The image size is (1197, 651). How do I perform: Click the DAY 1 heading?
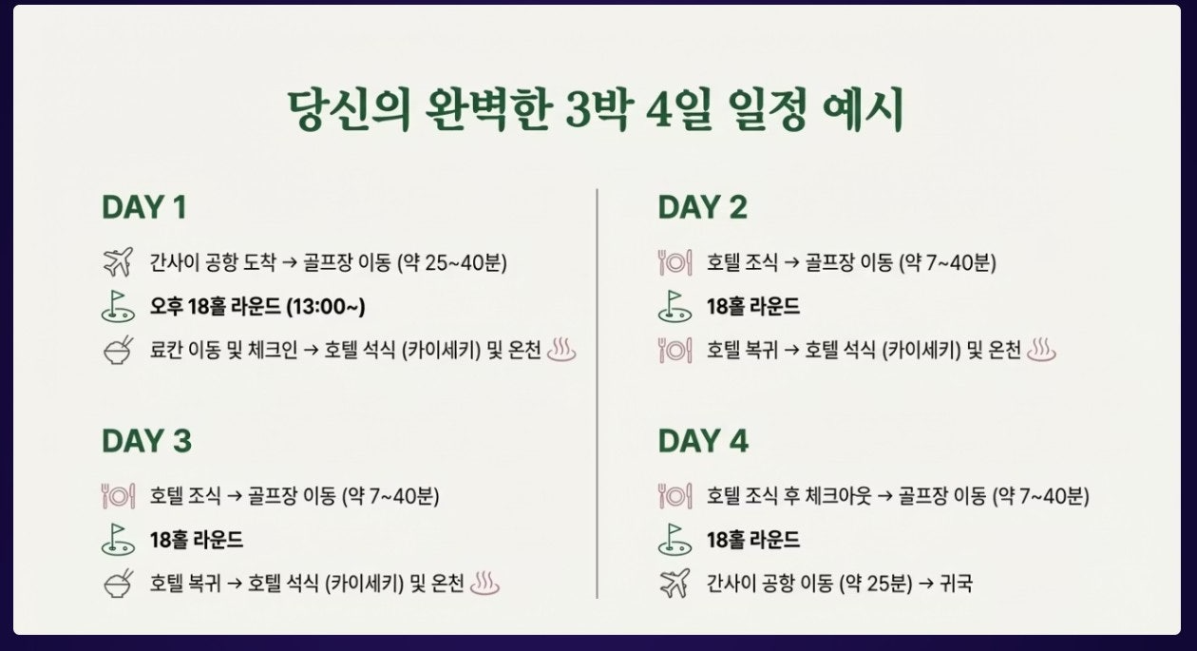tap(143, 207)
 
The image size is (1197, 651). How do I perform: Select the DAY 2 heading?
tap(702, 207)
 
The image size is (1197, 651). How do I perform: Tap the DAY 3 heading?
tap(146, 441)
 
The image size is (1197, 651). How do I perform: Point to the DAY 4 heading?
tap(703, 441)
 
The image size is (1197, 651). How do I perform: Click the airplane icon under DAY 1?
tap(118, 261)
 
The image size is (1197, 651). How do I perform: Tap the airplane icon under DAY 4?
tap(674, 583)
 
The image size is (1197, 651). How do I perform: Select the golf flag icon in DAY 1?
tap(118, 307)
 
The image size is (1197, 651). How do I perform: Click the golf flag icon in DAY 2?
tap(674, 307)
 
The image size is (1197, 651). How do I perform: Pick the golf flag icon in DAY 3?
tap(118, 540)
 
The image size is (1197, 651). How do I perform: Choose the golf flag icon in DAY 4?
tap(674, 540)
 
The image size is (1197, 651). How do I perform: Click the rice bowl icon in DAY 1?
tap(118, 351)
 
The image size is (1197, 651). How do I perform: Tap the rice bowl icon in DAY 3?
tap(118, 584)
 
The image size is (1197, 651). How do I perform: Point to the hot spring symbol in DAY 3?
tap(484, 583)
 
